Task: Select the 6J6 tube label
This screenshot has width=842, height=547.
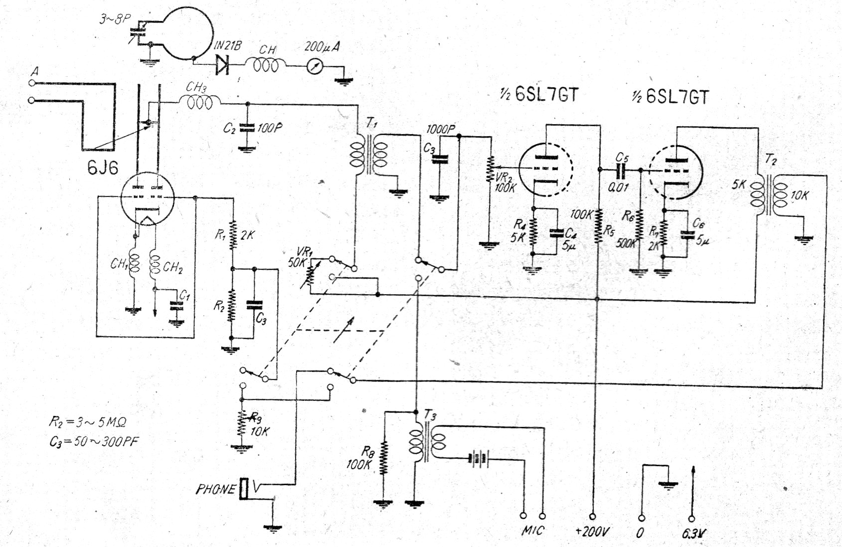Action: click(103, 168)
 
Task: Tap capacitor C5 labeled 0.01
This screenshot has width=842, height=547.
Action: click(621, 171)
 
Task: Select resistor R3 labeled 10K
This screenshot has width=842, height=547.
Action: click(242, 424)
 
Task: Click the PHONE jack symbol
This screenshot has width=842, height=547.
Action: click(244, 489)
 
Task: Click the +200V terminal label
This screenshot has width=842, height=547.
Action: click(592, 532)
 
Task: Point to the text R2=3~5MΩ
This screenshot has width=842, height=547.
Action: click(87, 422)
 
